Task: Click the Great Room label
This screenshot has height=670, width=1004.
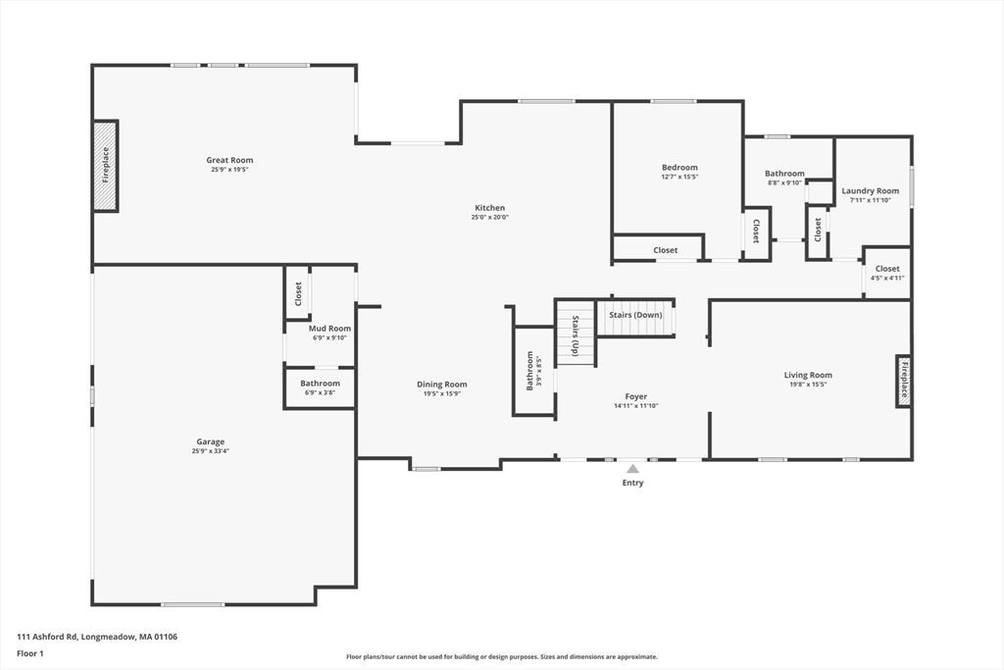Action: point(229,160)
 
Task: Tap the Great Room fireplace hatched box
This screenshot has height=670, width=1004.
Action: point(106,166)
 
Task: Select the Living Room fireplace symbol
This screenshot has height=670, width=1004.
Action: point(903,382)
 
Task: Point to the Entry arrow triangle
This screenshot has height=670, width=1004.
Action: point(632,469)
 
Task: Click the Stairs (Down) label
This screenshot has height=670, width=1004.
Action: point(635,315)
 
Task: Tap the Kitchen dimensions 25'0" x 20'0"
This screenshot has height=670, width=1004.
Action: point(490,217)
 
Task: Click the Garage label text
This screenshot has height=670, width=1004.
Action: point(211,441)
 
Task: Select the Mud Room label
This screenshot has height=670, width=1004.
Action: point(329,328)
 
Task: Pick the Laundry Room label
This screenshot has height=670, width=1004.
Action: point(871,191)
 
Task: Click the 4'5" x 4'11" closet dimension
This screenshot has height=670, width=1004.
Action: point(887,278)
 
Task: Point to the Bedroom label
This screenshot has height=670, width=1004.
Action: point(680,167)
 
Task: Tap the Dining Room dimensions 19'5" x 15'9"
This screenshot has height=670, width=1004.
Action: point(442,394)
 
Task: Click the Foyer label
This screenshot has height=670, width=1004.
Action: point(635,396)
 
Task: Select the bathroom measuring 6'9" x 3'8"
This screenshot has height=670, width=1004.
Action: point(320,388)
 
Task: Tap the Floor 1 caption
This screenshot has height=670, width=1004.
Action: point(30,654)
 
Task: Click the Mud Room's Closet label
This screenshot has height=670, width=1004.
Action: point(298,294)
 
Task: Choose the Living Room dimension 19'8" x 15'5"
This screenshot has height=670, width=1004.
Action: point(808,385)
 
